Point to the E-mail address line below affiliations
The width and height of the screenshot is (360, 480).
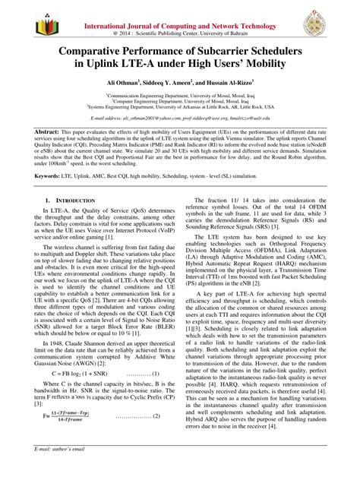[179, 120]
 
